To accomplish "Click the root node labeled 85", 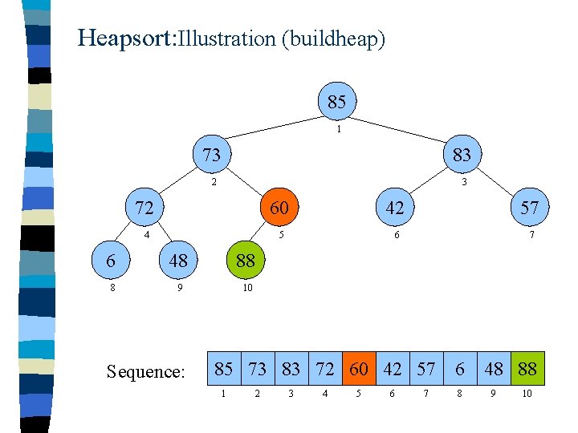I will (x=337, y=102).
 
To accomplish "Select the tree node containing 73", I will (x=211, y=154).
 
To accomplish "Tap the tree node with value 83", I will (x=462, y=154).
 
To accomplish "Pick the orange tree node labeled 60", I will (x=279, y=208).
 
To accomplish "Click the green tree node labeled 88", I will (x=246, y=260).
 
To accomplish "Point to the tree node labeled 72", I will (x=144, y=208).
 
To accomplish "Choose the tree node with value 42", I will (x=394, y=208).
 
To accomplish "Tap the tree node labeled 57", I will (x=529, y=208).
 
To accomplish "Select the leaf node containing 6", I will (x=112, y=260).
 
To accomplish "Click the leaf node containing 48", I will (x=178, y=260).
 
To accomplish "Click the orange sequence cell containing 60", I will (x=358, y=369).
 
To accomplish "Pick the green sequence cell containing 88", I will (x=527, y=369).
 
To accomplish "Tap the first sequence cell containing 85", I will (x=224, y=369).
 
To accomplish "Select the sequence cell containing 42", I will (x=393, y=369).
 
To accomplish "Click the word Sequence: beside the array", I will (x=146, y=371).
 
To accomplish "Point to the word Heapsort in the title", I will (x=124, y=38).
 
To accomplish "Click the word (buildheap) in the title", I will (x=333, y=38).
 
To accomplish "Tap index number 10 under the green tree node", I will (x=247, y=289).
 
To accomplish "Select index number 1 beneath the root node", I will (x=340, y=128).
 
